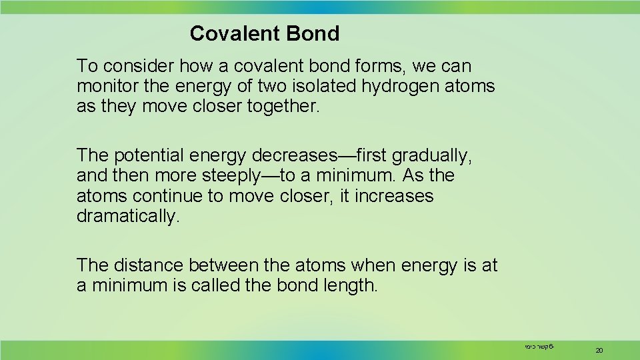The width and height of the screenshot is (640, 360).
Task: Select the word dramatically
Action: [128, 217]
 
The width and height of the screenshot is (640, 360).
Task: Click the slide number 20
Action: [599, 350]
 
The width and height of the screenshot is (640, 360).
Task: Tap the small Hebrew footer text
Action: [541, 347]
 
